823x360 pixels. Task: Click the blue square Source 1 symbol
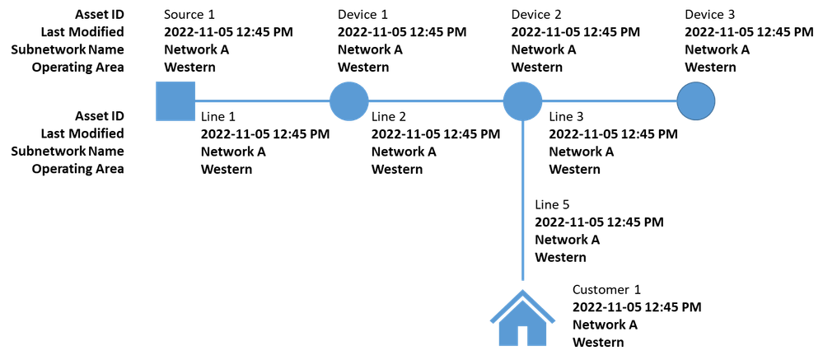click(175, 101)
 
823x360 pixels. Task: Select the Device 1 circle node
click(349, 101)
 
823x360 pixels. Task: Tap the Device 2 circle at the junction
click(523, 101)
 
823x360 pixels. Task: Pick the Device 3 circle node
click(696, 101)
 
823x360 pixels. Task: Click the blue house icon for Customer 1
click(523, 318)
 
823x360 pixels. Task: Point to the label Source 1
click(189, 14)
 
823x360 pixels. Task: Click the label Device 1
click(363, 14)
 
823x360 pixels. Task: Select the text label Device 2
click(537, 14)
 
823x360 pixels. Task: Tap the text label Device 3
click(711, 14)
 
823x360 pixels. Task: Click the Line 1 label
click(218, 116)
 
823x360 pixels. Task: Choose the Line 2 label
click(389, 116)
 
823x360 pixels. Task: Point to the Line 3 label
click(566, 116)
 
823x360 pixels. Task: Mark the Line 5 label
click(552, 204)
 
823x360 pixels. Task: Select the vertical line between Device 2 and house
click(523, 200)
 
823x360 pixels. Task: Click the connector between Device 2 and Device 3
click(610, 101)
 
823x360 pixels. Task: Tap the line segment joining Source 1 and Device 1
click(263, 101)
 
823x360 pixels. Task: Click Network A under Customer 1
click(606, 325)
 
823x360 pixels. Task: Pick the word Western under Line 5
click(560, 258)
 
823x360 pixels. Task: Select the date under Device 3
click(750, 31)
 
